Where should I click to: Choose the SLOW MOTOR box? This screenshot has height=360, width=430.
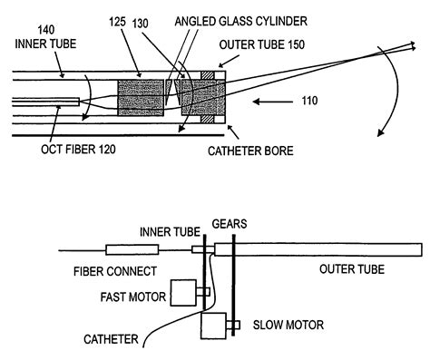(215, 325)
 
